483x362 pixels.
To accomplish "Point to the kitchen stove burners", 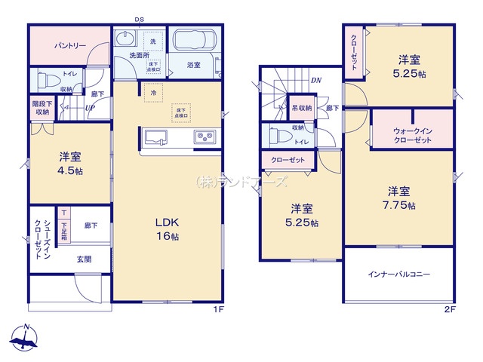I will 206,137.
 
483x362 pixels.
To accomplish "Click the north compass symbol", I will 25,339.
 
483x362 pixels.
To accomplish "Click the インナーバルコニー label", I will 399,275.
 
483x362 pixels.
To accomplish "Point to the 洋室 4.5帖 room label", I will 69,163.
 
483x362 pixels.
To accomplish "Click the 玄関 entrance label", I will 83,258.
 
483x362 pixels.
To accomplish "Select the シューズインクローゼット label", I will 42,238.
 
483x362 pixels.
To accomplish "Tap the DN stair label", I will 315,79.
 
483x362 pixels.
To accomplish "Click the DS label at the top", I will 140,20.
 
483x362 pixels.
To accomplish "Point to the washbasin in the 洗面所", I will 126,40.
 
